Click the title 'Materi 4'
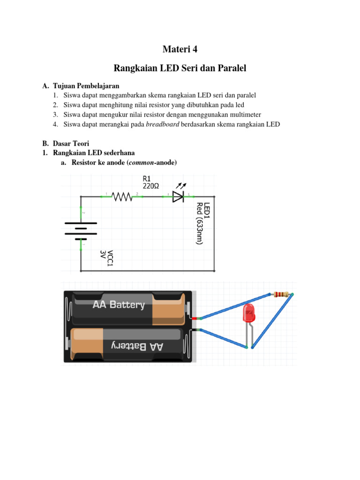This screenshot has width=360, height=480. coord(180,49)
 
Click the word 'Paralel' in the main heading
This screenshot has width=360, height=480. coord(230,68)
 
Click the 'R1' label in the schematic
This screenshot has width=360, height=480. coord(147,179)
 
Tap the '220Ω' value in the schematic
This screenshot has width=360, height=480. coord(150,186)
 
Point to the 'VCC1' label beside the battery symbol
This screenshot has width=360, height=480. coord(111,259)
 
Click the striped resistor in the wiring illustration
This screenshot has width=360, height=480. coord(281,294)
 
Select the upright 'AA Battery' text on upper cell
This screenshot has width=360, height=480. coord(119,305)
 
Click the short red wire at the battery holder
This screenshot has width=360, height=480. coord(195,318)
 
